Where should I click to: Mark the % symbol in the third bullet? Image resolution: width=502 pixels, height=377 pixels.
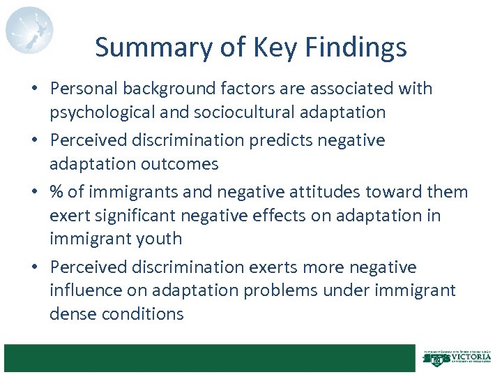coord(58,192)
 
